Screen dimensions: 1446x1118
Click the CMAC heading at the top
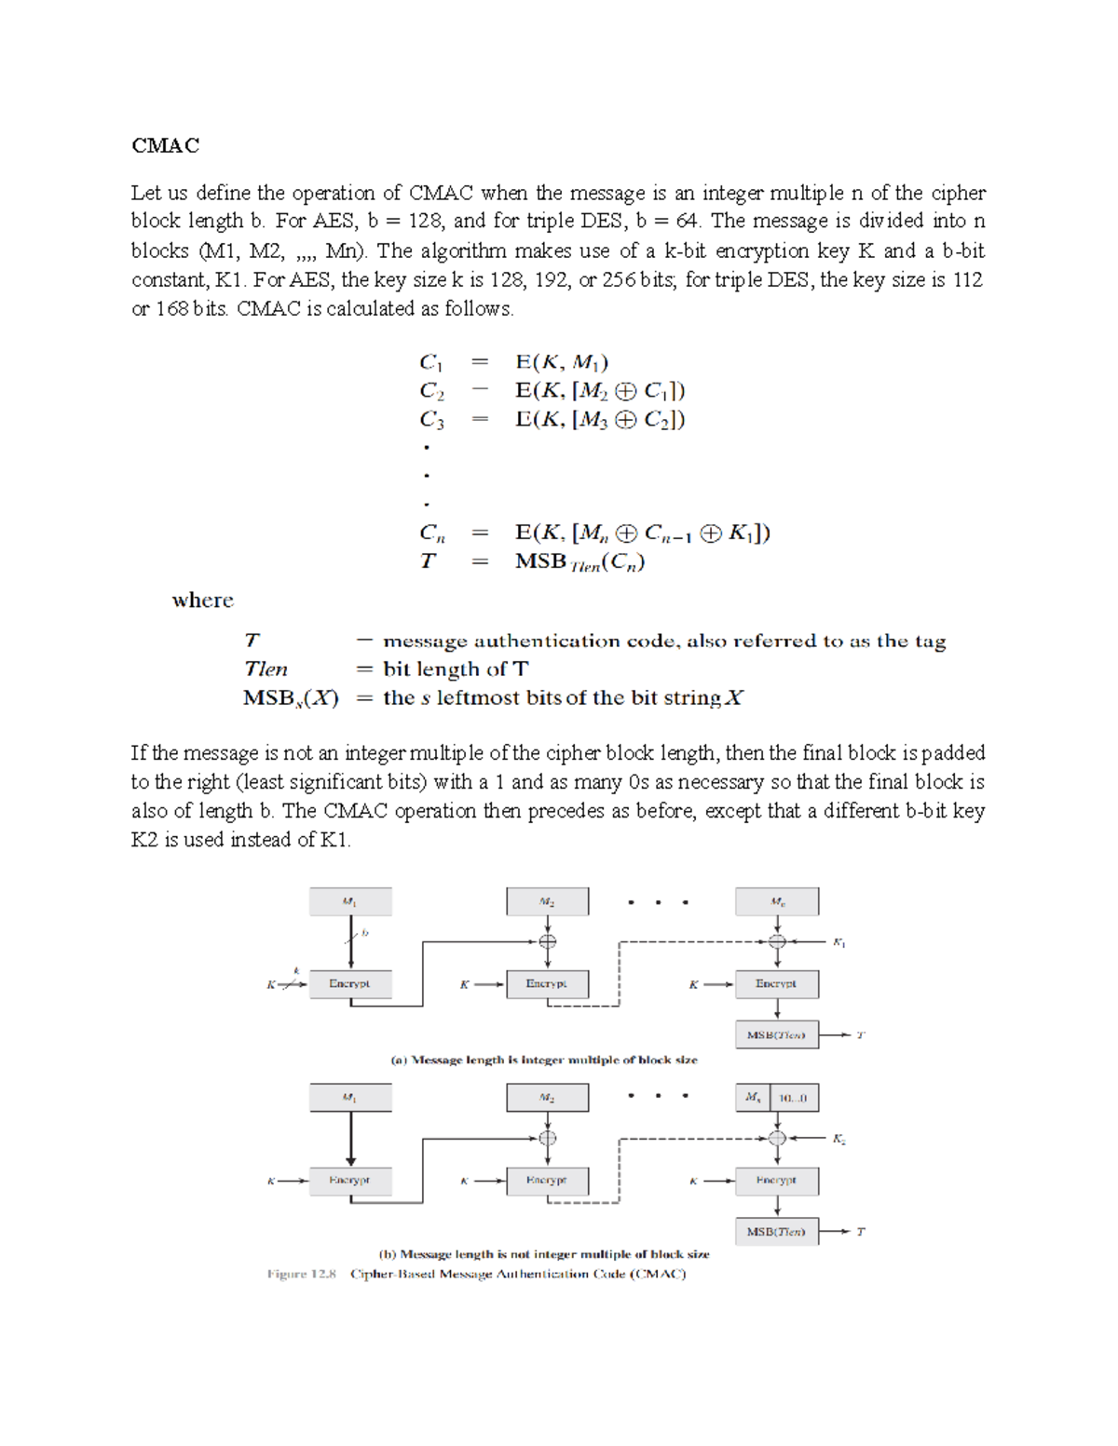(x=165, y=145)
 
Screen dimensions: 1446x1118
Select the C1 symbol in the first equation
(x=431, y=362)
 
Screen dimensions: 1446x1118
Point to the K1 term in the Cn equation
(x=743, y=534)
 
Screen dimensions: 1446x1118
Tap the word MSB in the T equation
(x=540, y=561)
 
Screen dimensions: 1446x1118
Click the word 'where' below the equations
(x=202, y=601)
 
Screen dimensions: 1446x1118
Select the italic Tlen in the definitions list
(x=266, y=669)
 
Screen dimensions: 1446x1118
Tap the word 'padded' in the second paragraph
(x=953, y=753)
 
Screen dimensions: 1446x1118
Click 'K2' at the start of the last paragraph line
(x=144, y=840)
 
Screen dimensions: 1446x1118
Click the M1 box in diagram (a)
(x=350, y=901)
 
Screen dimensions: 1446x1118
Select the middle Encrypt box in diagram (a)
(x=547, y=984)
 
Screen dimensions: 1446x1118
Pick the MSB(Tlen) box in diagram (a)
(x=776, y=1034)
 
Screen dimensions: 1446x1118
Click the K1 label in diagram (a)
(x=838, y=943)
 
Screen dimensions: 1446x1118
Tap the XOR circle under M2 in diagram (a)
(x=548, y=941)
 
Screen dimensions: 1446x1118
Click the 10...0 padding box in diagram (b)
(x=793, y=1098)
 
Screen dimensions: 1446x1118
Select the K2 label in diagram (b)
(x=838, y=1139)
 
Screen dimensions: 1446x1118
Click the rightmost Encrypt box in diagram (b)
(x=776, y=1181)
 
